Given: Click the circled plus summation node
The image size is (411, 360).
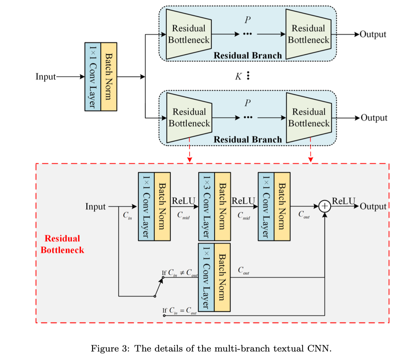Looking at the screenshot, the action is tap(325, 206).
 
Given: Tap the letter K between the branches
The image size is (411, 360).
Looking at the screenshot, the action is tap(238, 77).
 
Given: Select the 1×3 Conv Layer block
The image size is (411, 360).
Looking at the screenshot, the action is tap(207, 206).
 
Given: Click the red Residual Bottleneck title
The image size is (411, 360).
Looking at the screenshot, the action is tap(62, 244).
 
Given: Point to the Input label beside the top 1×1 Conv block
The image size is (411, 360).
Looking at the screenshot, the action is tap(46, 77).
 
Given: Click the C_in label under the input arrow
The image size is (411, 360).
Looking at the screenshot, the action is tap(128, 215).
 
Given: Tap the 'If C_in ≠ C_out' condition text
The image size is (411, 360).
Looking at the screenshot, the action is tap(180, 273).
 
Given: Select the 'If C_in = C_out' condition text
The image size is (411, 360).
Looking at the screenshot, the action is tap(179, 310).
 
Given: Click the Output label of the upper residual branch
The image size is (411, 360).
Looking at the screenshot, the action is tap(373, 34).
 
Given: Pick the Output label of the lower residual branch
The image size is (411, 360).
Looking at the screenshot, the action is tap(374, 118).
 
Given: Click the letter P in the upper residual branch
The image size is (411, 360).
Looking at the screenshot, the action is tap(247, 20).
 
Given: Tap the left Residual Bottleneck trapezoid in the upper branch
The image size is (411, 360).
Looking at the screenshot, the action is tap(189, 34).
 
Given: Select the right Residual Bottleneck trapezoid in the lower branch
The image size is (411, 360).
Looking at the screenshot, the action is tap(309, 118).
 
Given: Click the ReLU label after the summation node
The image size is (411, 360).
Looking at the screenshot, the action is tap(344, 201).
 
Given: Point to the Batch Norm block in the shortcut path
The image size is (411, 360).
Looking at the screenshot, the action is tap(222, 277).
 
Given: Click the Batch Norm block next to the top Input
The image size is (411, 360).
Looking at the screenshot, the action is tap(109, 77).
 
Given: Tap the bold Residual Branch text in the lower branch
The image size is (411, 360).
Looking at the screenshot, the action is tap(248, 140).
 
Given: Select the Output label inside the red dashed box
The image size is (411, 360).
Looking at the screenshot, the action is tap(373, 207).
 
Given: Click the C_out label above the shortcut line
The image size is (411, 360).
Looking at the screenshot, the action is tap(243, 270).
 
